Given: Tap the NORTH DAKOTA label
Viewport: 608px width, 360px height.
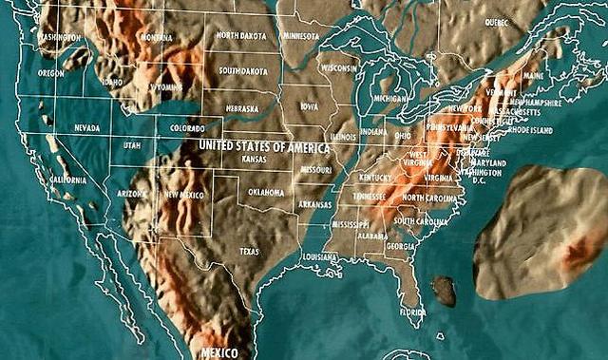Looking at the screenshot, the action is [x=240, y=35].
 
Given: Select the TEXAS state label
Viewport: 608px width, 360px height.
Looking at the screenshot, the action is [x=249, y=252].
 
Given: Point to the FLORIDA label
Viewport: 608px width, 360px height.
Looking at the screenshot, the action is [x=413, y=312].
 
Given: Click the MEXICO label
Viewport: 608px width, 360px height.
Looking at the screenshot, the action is [x=220, y=352].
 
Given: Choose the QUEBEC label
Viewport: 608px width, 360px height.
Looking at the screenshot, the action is [x=497, y=22].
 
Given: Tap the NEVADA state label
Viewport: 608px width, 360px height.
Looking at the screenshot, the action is [x=86, y=127].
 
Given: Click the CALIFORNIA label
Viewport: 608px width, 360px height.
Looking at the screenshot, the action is [x=67, y=180].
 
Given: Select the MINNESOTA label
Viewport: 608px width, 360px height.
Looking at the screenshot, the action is [x=300, y=37].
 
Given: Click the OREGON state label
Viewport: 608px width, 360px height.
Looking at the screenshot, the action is [x=51, y=72].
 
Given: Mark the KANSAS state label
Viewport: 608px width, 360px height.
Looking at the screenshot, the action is [x=255, y=160].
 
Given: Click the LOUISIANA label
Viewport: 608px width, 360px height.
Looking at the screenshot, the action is [x=320, y=257].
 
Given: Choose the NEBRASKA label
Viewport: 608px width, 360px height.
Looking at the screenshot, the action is [x=241, y=108].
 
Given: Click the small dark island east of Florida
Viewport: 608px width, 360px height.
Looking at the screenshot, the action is [x=443, y=291].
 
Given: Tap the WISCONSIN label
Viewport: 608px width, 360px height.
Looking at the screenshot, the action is [x=338, y=68].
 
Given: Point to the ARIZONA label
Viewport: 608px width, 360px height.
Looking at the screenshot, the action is [x=131, y=193].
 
